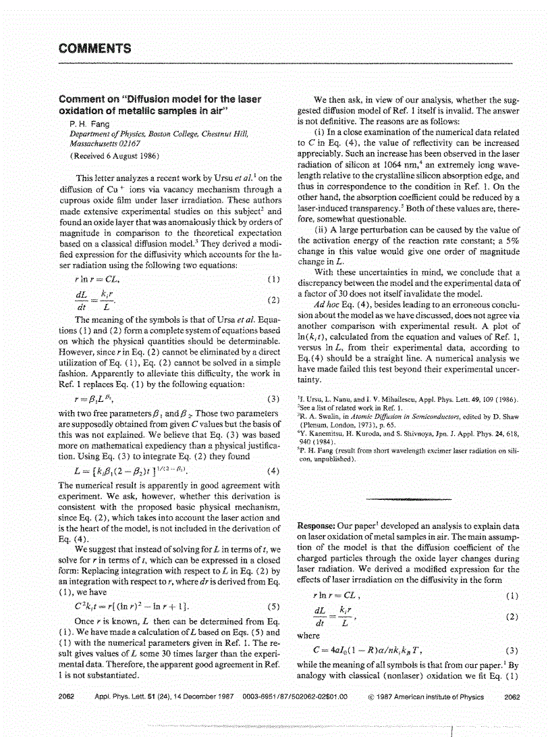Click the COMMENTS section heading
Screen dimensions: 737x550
[x=94, y=48]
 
